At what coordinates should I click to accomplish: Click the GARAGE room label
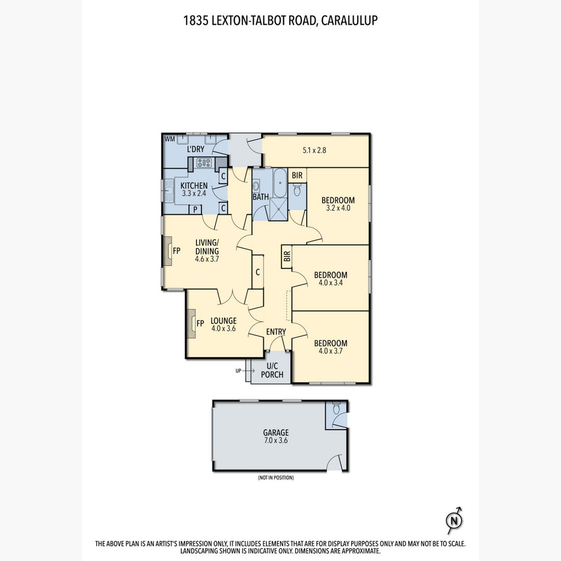coord(276,432)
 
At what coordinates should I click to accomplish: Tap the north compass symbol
coord(455,520)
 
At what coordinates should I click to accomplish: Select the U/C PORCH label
coord(272,370)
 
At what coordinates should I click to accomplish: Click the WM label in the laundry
coord(170,139)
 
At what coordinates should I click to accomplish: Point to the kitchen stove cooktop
coord(204,163)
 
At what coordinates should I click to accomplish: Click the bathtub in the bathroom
coord(280,183)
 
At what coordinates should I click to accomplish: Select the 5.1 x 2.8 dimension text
coord(314,150)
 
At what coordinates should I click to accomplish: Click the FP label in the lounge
coord(200,324)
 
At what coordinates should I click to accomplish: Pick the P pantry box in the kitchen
coord(195,209)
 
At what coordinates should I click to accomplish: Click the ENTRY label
coord(276,332)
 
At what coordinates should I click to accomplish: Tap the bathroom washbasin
coord(256,186)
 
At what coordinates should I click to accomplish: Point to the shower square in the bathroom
coord(278,209)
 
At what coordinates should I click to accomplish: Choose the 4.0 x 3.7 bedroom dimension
coord(330,351)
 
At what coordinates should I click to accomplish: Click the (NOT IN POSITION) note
coord(276,478)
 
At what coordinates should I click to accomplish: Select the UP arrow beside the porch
coord(248,371)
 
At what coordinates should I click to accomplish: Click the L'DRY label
coord(196,149)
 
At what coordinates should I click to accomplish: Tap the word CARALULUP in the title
coord(349,20)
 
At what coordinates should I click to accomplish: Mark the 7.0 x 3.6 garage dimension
coord(276,440)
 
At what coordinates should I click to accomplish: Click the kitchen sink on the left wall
coord(167,191)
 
